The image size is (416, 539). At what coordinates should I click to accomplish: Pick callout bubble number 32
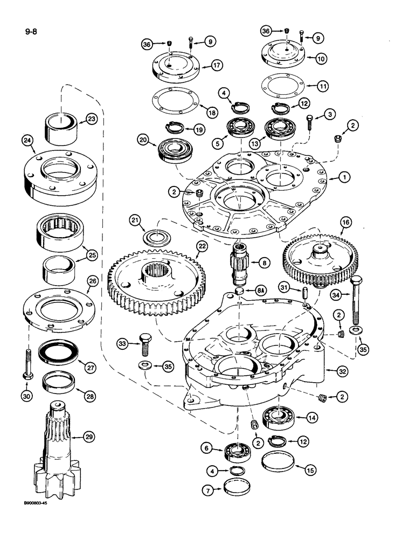click(341, 370)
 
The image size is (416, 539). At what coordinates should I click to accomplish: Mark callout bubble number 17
click(217, 65)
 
